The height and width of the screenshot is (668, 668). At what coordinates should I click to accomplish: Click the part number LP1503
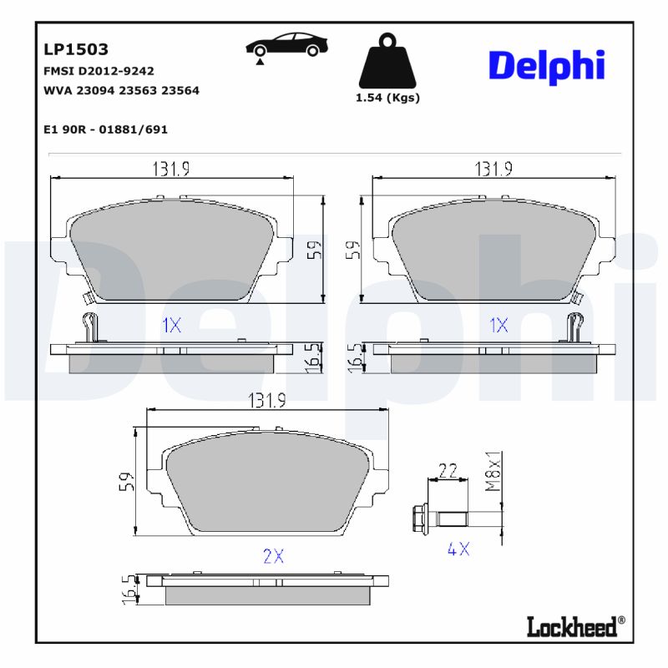[75, 50]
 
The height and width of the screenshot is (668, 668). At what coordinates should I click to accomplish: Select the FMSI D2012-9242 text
[98, 71]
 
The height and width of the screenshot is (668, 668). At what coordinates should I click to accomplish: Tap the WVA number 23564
[180, 90]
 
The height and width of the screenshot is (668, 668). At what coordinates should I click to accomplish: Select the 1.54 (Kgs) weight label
[387, 98]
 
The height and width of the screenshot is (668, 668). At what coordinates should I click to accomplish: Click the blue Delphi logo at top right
[546, 65]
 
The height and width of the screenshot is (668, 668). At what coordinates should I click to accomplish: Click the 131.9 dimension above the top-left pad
[171, 169]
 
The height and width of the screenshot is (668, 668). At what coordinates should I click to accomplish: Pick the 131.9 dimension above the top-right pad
[493, 169]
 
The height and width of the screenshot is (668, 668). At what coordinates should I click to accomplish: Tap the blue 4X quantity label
[458, 549]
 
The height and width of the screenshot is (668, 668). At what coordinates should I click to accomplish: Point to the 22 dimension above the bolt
[448, 471]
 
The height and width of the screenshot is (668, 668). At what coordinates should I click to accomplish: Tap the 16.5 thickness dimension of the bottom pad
[128, 590]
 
